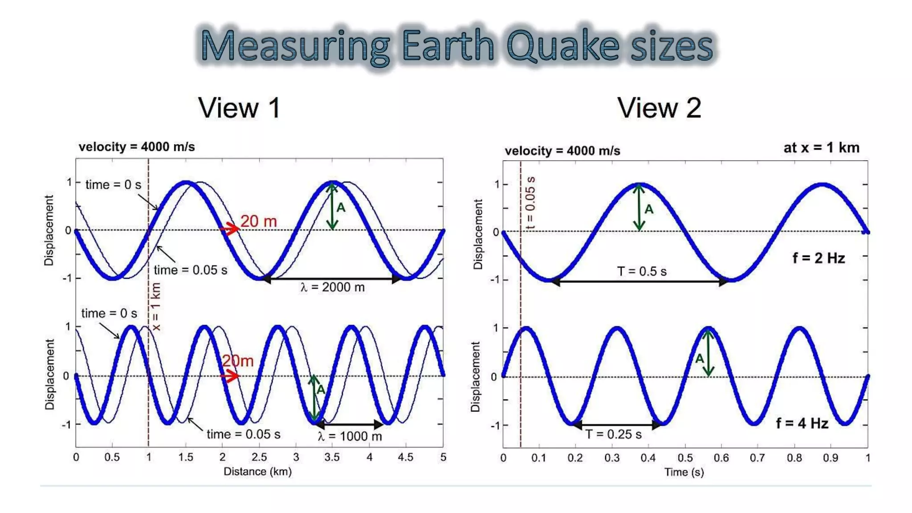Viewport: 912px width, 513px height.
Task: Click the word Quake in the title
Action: pyautogui.click(x=563, y=46)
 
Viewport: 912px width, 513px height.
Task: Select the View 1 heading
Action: pyautogui.click(x=240, y=108)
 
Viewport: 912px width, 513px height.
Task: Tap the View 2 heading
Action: pyautogui.click(x=659, y=108)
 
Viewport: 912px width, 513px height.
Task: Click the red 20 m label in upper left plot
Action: pyautogui.click(x=258, y=221)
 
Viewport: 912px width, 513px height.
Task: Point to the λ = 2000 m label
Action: pyautogui.click(x=332, y=287)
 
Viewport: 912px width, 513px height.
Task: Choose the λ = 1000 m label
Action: pyautogui.click(x=350, y=436)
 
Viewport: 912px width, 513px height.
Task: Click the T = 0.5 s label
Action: pyautogui.click(x=642, y=271)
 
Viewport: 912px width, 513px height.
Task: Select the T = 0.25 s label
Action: pyautogui.click(x=613, y=434)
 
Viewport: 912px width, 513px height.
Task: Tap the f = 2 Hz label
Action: pyautogui.click(x=818, y=258)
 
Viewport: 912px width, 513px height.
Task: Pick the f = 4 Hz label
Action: pyautogui.click(x=802, y=423)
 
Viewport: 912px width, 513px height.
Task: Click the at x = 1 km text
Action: pyautogui.click(x=821, y=148)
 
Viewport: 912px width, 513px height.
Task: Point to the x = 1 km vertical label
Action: pyautogui.click(x=156, y=307)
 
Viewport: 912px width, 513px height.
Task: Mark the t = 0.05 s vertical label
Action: pyautogui.click(x=530, y=203)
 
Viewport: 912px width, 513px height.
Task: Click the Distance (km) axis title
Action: pyautogui.click(x=257, y=472)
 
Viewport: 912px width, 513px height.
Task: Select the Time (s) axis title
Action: pyautogui.click(x=684, y=472)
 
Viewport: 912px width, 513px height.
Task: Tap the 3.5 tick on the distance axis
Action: pyautogui.click(x=332, y=457)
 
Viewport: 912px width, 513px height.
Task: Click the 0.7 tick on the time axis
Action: pyautogui.click(x=757, y=458)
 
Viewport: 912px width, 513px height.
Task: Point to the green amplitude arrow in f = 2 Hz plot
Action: pyautogui.click(x=639, y=208)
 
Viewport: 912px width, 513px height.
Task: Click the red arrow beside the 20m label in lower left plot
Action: pyautogui.click(x=230, y=376)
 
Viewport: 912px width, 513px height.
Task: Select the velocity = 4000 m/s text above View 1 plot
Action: pyautogui.click(x=137, y=147)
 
